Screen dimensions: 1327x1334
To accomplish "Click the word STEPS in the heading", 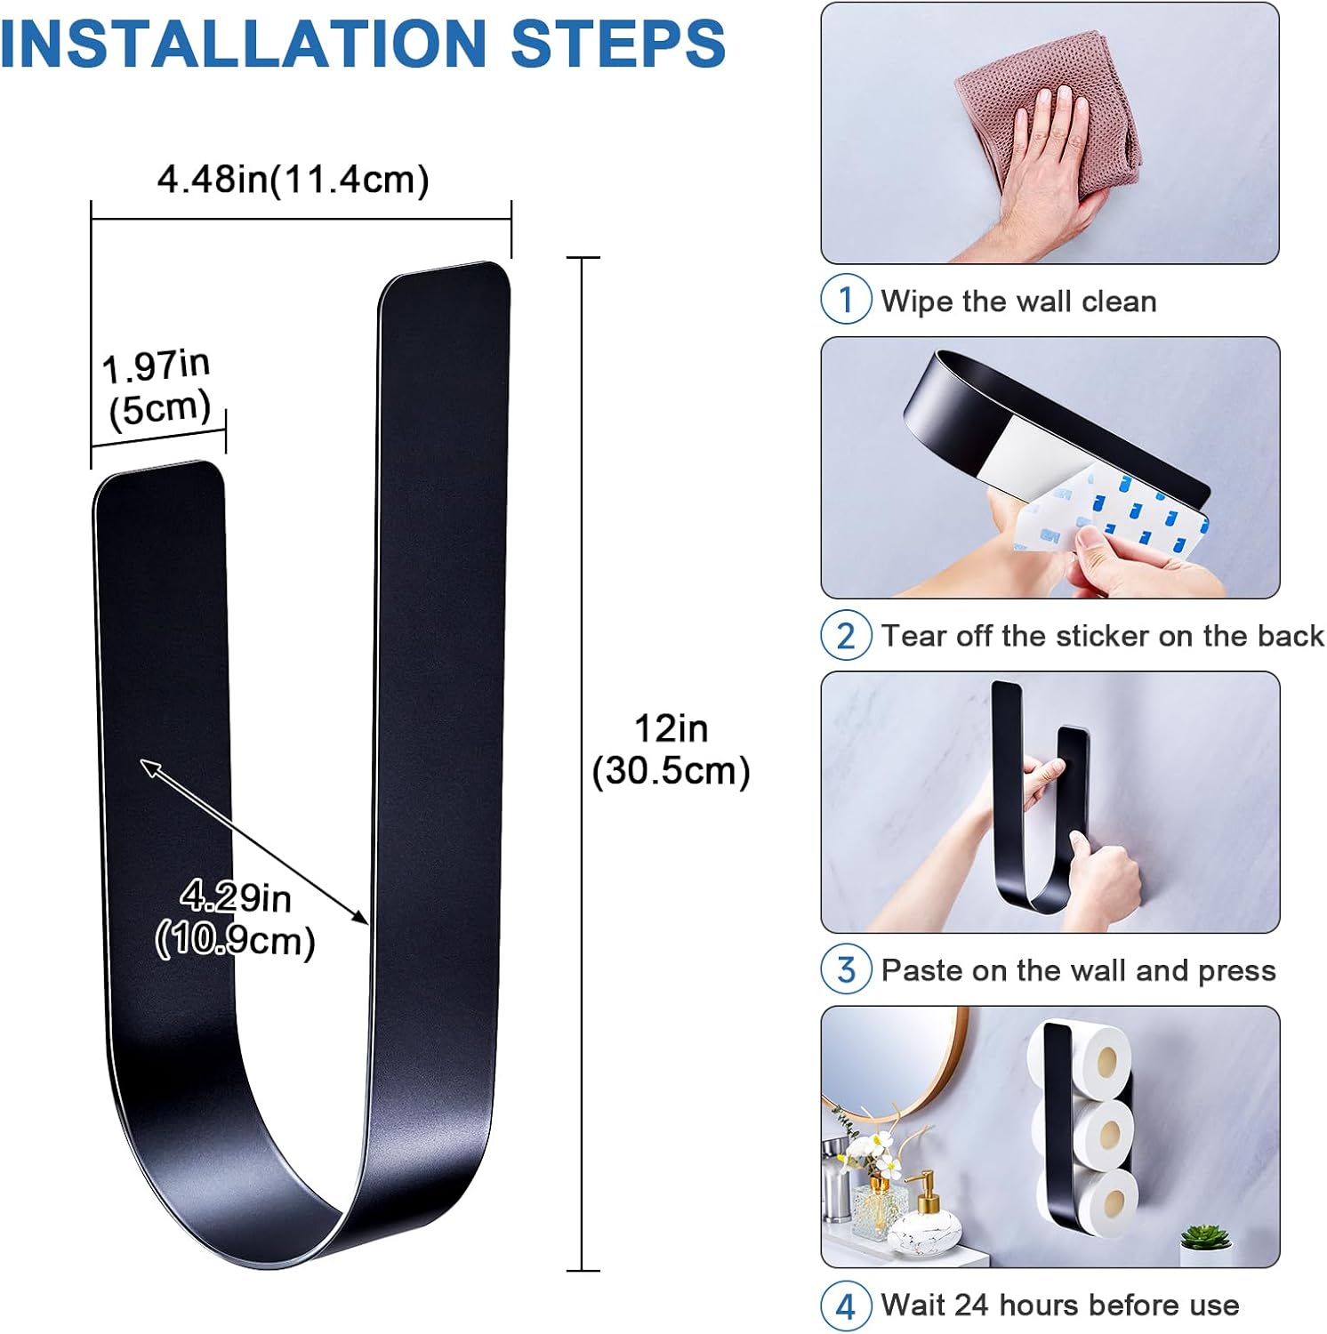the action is (x=619, y=43).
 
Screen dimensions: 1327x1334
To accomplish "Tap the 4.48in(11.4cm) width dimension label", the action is (x=294, y=180).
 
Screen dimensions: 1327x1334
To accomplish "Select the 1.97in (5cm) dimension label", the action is (x=158, y=389).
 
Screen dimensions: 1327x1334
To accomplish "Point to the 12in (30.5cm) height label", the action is (x=672, y=750).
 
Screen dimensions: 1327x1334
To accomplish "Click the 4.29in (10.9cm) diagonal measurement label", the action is (x=236, y=919).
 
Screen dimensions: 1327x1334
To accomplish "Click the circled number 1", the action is (x=846, y=300).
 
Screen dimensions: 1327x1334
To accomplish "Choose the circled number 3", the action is (x=846, y=969).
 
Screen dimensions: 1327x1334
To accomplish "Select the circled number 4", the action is (x=846, y=1305).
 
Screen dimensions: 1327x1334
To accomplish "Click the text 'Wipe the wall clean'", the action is (x=1019, y=301).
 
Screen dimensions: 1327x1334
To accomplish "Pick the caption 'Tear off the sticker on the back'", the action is (x=1103, y=636).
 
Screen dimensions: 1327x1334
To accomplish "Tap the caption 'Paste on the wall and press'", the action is (x=1079, y=970).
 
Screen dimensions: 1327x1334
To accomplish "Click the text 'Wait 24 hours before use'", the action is (x=1060, y=1305).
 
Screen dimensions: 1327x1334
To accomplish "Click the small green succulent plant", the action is (x=1205, y=1236).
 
